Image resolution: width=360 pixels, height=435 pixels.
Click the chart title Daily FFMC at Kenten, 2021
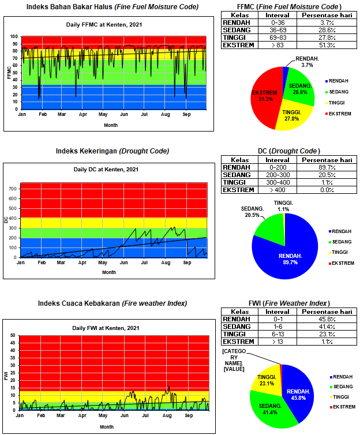point(108,25)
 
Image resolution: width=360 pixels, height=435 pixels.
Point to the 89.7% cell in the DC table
point(327,167)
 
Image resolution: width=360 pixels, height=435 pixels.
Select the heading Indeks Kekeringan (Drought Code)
point(112,151)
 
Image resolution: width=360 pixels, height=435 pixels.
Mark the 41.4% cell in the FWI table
point(327,326)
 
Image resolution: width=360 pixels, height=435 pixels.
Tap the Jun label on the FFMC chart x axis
point(124,114)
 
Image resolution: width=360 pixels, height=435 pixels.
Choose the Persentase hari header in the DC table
point(327,160)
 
